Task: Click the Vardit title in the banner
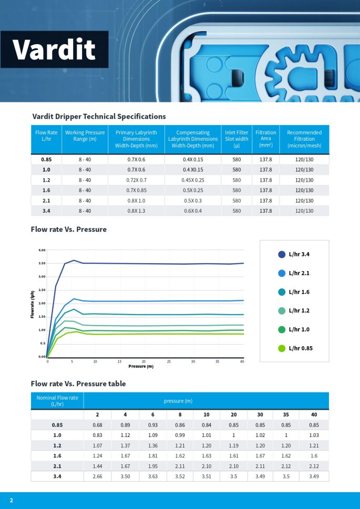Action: click(54, 50)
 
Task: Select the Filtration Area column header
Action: click(265, 139)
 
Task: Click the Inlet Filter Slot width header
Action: click(236, 139)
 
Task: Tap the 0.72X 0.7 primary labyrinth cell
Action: click(136, 180)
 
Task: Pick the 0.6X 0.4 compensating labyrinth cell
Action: click(192, 211)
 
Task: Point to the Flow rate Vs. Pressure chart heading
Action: click(69, 229)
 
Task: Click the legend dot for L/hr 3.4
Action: click(282, 254)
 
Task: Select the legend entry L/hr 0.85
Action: click(300, 348)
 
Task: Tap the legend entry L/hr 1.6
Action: click(299, 292)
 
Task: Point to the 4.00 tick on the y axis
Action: click(42, 250)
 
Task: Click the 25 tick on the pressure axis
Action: click(169, 361)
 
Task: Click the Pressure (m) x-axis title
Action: click(141, 366)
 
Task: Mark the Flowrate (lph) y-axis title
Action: click(33, 304)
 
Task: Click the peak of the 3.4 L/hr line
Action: click(74, 260)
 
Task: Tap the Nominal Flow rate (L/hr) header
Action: click(57, 401)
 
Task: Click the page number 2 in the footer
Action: click(11, 500)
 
